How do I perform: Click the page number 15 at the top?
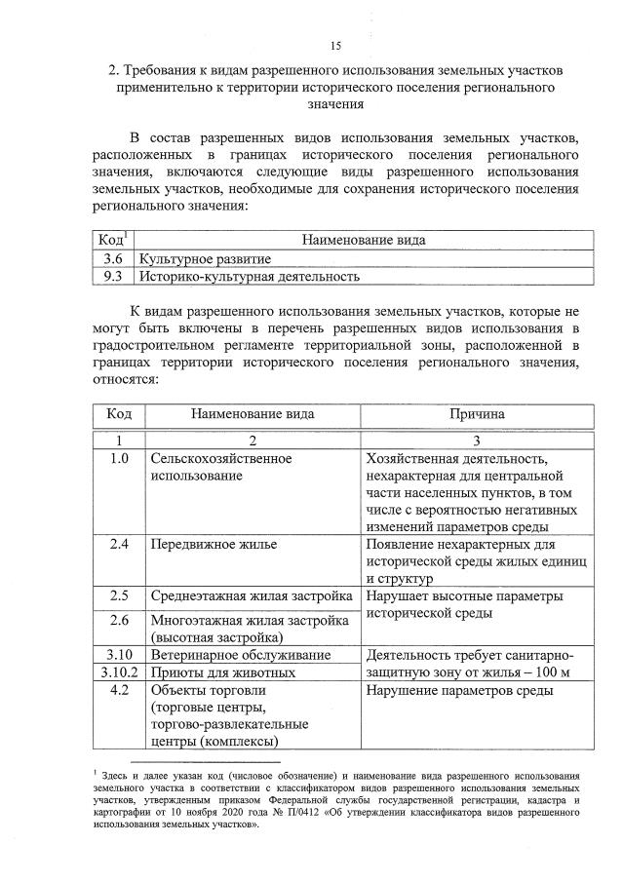(335, 46)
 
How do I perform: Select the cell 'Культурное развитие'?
(205, 258)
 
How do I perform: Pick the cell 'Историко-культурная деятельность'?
(249, 276)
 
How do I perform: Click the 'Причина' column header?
(476, 413)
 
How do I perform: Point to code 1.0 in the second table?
(119, 458)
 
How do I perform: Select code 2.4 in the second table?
(119, 543)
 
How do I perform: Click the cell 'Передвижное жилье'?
(213, 543)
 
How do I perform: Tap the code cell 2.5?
(119, 594)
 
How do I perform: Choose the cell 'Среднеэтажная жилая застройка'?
(250, 594)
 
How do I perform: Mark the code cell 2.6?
(119, 619)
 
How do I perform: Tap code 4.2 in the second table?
(119, 690)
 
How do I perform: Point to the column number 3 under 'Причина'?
(476, 440)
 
